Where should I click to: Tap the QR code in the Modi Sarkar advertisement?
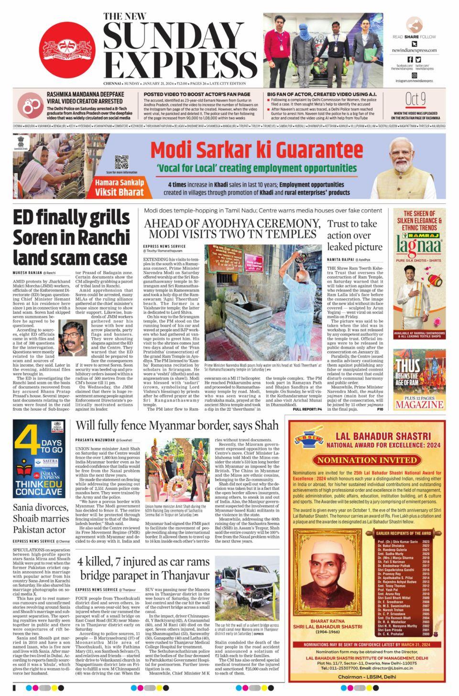click(x=121, y=162)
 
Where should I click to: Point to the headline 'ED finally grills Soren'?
click(x=70, y=237)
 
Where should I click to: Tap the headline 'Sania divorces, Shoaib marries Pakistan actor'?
click(x=41, y=518)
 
